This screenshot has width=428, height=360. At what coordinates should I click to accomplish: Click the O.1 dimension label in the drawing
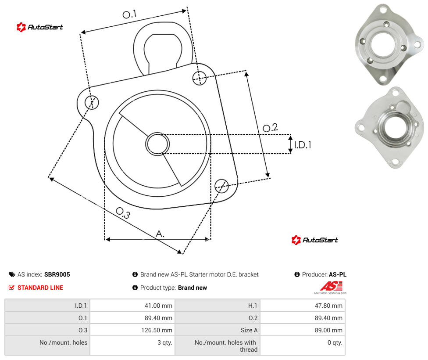(x=129, y=14)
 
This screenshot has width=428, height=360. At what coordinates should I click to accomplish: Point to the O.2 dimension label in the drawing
(x=270, y=128)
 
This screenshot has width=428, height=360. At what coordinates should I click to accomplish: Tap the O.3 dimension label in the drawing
(x=123, y=213)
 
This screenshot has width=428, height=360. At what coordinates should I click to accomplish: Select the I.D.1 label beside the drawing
(x=303, y=145)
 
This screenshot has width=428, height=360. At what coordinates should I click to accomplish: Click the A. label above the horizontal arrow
(x=160, y=234)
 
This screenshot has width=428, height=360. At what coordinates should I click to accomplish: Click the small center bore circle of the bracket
(x=157, y=144)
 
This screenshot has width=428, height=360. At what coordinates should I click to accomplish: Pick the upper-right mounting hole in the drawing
(x=200, y=78)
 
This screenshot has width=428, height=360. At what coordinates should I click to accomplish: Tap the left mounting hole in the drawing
(x=92, y=102)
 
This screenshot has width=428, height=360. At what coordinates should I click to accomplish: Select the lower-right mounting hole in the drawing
(x=221, y=186)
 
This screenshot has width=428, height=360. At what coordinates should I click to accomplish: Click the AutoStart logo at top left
(x=40, y=27)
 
